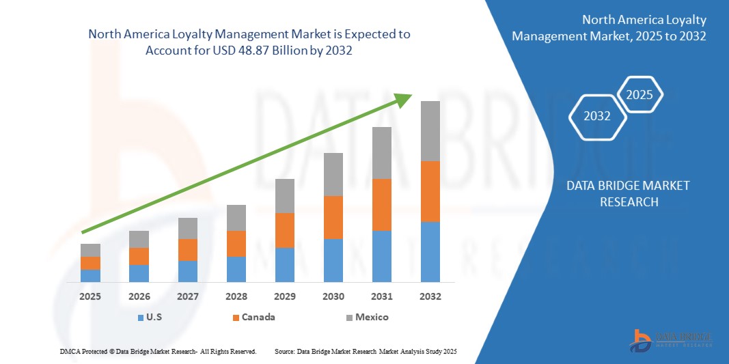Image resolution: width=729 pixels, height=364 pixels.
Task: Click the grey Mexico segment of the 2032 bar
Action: tap(430, 131)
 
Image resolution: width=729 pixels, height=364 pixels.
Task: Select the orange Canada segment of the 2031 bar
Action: tap(381, 204)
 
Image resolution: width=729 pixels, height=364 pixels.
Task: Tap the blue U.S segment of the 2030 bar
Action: tap(333, 260)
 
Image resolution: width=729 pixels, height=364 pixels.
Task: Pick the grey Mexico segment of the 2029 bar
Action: tap(284, 195)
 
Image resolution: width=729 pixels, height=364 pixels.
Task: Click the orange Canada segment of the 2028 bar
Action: tap(236, 243)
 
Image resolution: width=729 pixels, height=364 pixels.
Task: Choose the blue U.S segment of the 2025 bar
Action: tap(90, 275)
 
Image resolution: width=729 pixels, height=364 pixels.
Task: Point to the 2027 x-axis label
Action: tap(187, 296)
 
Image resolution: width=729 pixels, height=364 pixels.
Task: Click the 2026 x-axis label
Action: tap(139, 296)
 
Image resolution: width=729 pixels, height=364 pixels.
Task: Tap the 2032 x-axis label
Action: tap(430, 296)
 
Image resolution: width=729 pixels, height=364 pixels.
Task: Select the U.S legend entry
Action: tap(152, 317)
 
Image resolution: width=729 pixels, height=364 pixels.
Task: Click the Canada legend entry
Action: tap(253, 317)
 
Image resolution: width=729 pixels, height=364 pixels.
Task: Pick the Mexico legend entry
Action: tap(367, 317)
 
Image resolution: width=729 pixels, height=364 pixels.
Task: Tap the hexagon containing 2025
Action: tap(640, 95)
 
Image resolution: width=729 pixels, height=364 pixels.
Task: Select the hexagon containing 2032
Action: tap(597, 116)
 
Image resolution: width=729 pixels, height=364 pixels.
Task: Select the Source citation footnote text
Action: tap(365, 351)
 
